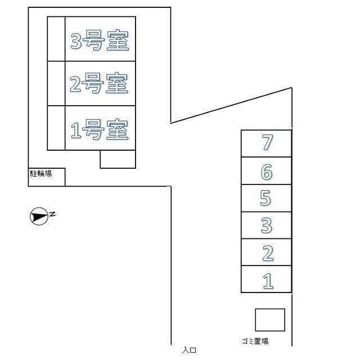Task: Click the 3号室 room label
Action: (x=100, y=40)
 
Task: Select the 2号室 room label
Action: (x=99, y=83)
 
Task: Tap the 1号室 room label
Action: (x=99, y=129)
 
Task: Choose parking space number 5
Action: (x=265, y=198)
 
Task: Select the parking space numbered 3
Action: (x=267, y=225)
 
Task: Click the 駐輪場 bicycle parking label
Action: (x=41, y=173)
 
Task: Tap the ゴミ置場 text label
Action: (x=255, y=341)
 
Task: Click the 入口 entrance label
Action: (x=189, y=350)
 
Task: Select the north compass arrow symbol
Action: (x=39, y=216)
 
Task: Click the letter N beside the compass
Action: (x=52, y=214)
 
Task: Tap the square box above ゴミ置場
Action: (x=270, y=320)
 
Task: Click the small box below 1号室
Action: (x=118, y=159)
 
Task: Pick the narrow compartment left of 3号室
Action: (x=56, y=39)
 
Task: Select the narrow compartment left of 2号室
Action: (x=56, y=83)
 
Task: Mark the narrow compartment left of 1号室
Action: (x=56, y=128)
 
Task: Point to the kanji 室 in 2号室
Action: (x=117, y=83)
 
